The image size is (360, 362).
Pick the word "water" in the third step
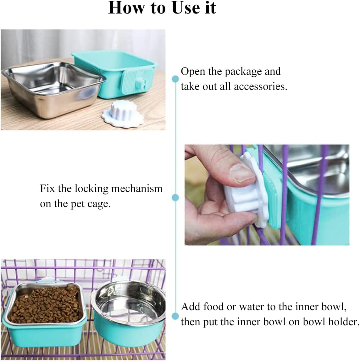(x=252, y=307)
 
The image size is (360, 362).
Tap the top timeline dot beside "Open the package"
(x=175, y=78)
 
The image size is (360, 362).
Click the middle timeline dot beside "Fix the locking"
(x=175, y=197)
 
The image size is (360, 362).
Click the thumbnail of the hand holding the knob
(x=267, y=195)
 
